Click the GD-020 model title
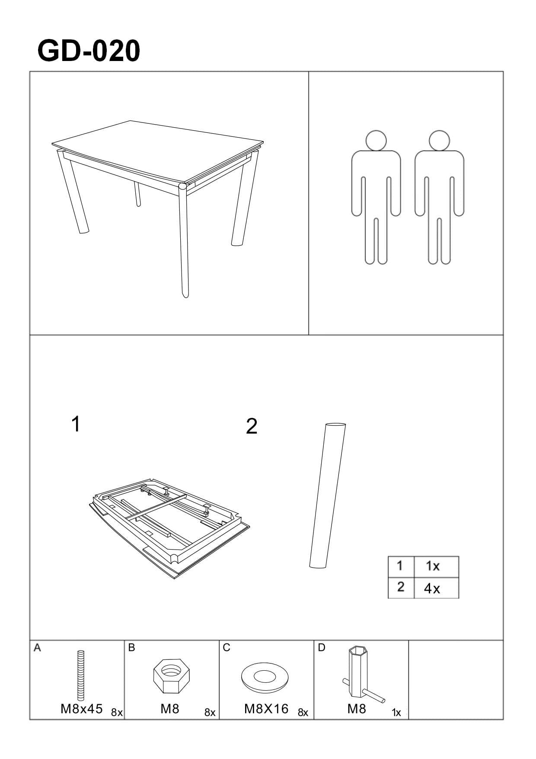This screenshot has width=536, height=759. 89,51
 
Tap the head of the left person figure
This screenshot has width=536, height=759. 376,140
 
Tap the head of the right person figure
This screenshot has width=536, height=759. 439,140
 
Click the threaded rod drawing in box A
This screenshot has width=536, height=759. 80,675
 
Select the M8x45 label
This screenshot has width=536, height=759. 82,709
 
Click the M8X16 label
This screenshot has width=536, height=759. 266,709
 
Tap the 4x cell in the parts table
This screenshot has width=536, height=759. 436,588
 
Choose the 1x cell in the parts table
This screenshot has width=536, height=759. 436,567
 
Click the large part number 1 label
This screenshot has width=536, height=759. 76,424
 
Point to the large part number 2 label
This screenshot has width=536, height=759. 252,427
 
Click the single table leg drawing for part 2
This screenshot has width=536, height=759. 328,495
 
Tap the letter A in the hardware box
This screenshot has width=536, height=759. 37,648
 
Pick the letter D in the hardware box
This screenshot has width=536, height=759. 321,648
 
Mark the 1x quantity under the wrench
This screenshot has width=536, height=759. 396,713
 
